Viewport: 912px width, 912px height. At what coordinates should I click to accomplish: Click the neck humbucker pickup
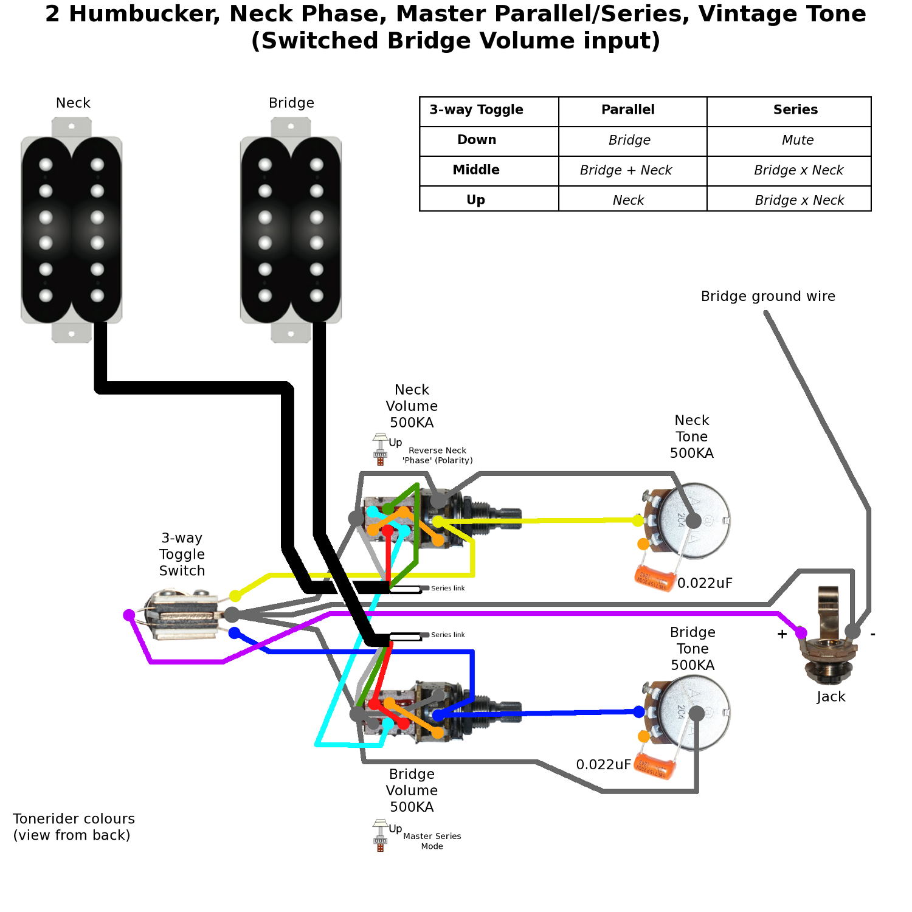point(72,230)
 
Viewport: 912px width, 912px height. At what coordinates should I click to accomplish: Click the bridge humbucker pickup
point(291,230)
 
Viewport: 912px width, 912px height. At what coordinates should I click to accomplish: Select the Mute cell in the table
point(797,140)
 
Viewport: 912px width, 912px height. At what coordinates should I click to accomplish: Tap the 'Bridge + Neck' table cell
point(626,170)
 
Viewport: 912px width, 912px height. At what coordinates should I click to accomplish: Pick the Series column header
point(795,110)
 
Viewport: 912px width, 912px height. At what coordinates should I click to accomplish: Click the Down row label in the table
point(477,140)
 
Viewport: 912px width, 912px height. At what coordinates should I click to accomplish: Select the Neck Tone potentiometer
point(693,522)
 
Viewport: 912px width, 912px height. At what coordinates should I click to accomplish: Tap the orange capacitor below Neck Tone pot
point(654,578)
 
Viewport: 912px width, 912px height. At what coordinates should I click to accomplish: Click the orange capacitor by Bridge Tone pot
point(654,767)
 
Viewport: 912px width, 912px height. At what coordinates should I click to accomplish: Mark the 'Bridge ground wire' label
point(768,297)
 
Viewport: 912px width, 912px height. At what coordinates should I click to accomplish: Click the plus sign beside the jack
point(782,634)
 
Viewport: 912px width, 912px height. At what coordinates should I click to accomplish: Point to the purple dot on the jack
point(801,634)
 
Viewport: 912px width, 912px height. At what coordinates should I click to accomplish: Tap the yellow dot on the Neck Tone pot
point(638,520)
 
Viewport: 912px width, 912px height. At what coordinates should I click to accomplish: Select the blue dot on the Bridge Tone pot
point(639,712)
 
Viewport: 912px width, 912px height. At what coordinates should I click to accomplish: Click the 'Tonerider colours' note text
point(74,827)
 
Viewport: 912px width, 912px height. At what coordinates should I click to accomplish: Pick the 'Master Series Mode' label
point(432,841)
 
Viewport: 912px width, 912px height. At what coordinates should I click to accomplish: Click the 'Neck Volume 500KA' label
point(412,406)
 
